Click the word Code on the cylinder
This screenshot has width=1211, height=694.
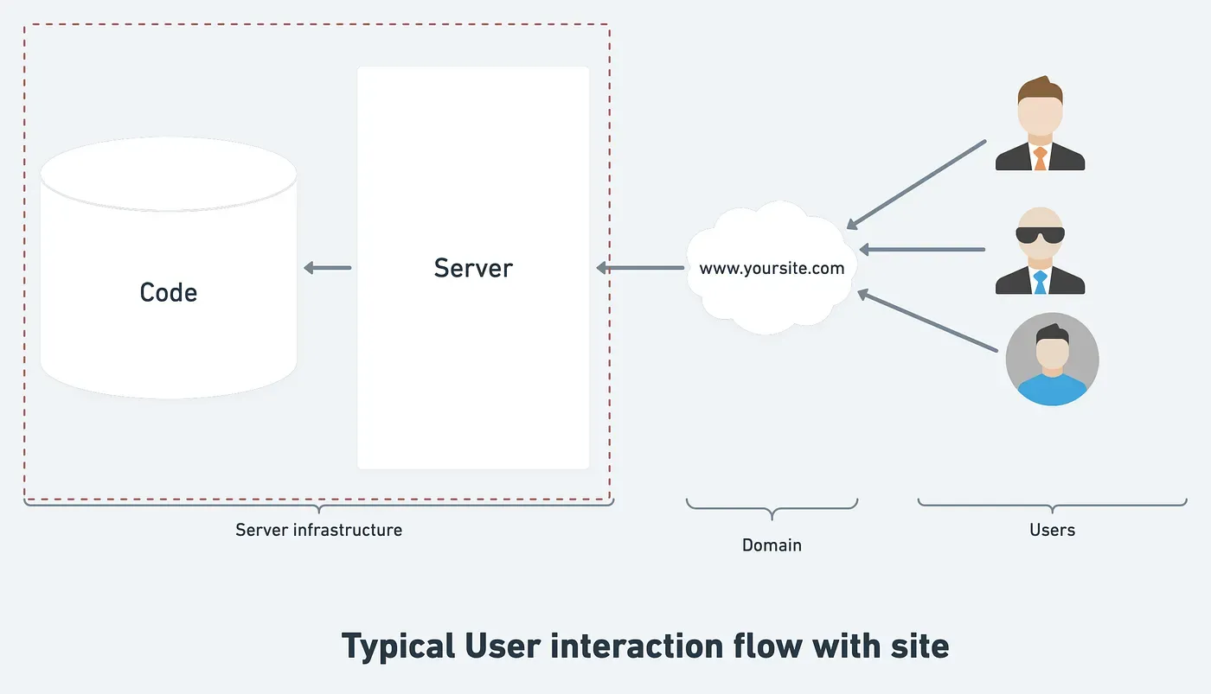pos(169,292)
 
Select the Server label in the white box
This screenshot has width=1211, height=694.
pos(473,268)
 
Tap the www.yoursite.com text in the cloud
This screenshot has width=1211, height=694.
pos(772,268)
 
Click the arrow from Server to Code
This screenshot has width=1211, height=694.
pos(328,268)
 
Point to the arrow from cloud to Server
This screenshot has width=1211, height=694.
pos(640,268)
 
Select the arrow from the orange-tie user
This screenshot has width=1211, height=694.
pos(916,184)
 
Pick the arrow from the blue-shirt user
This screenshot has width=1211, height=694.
pos(926,321)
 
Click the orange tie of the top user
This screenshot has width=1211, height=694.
pos(1040,158)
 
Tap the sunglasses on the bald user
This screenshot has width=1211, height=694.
pos(1040,235)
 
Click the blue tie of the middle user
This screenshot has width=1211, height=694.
pos(1040,282)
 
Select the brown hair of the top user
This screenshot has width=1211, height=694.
pos(1040,89)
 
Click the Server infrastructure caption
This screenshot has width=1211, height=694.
pos(318,530)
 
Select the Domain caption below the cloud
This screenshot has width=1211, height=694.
pos(772,545)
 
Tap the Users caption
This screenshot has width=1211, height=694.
pos(1052,530)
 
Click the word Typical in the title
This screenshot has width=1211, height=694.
pos(398,646)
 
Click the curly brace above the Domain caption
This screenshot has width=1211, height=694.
pos(772,508)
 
